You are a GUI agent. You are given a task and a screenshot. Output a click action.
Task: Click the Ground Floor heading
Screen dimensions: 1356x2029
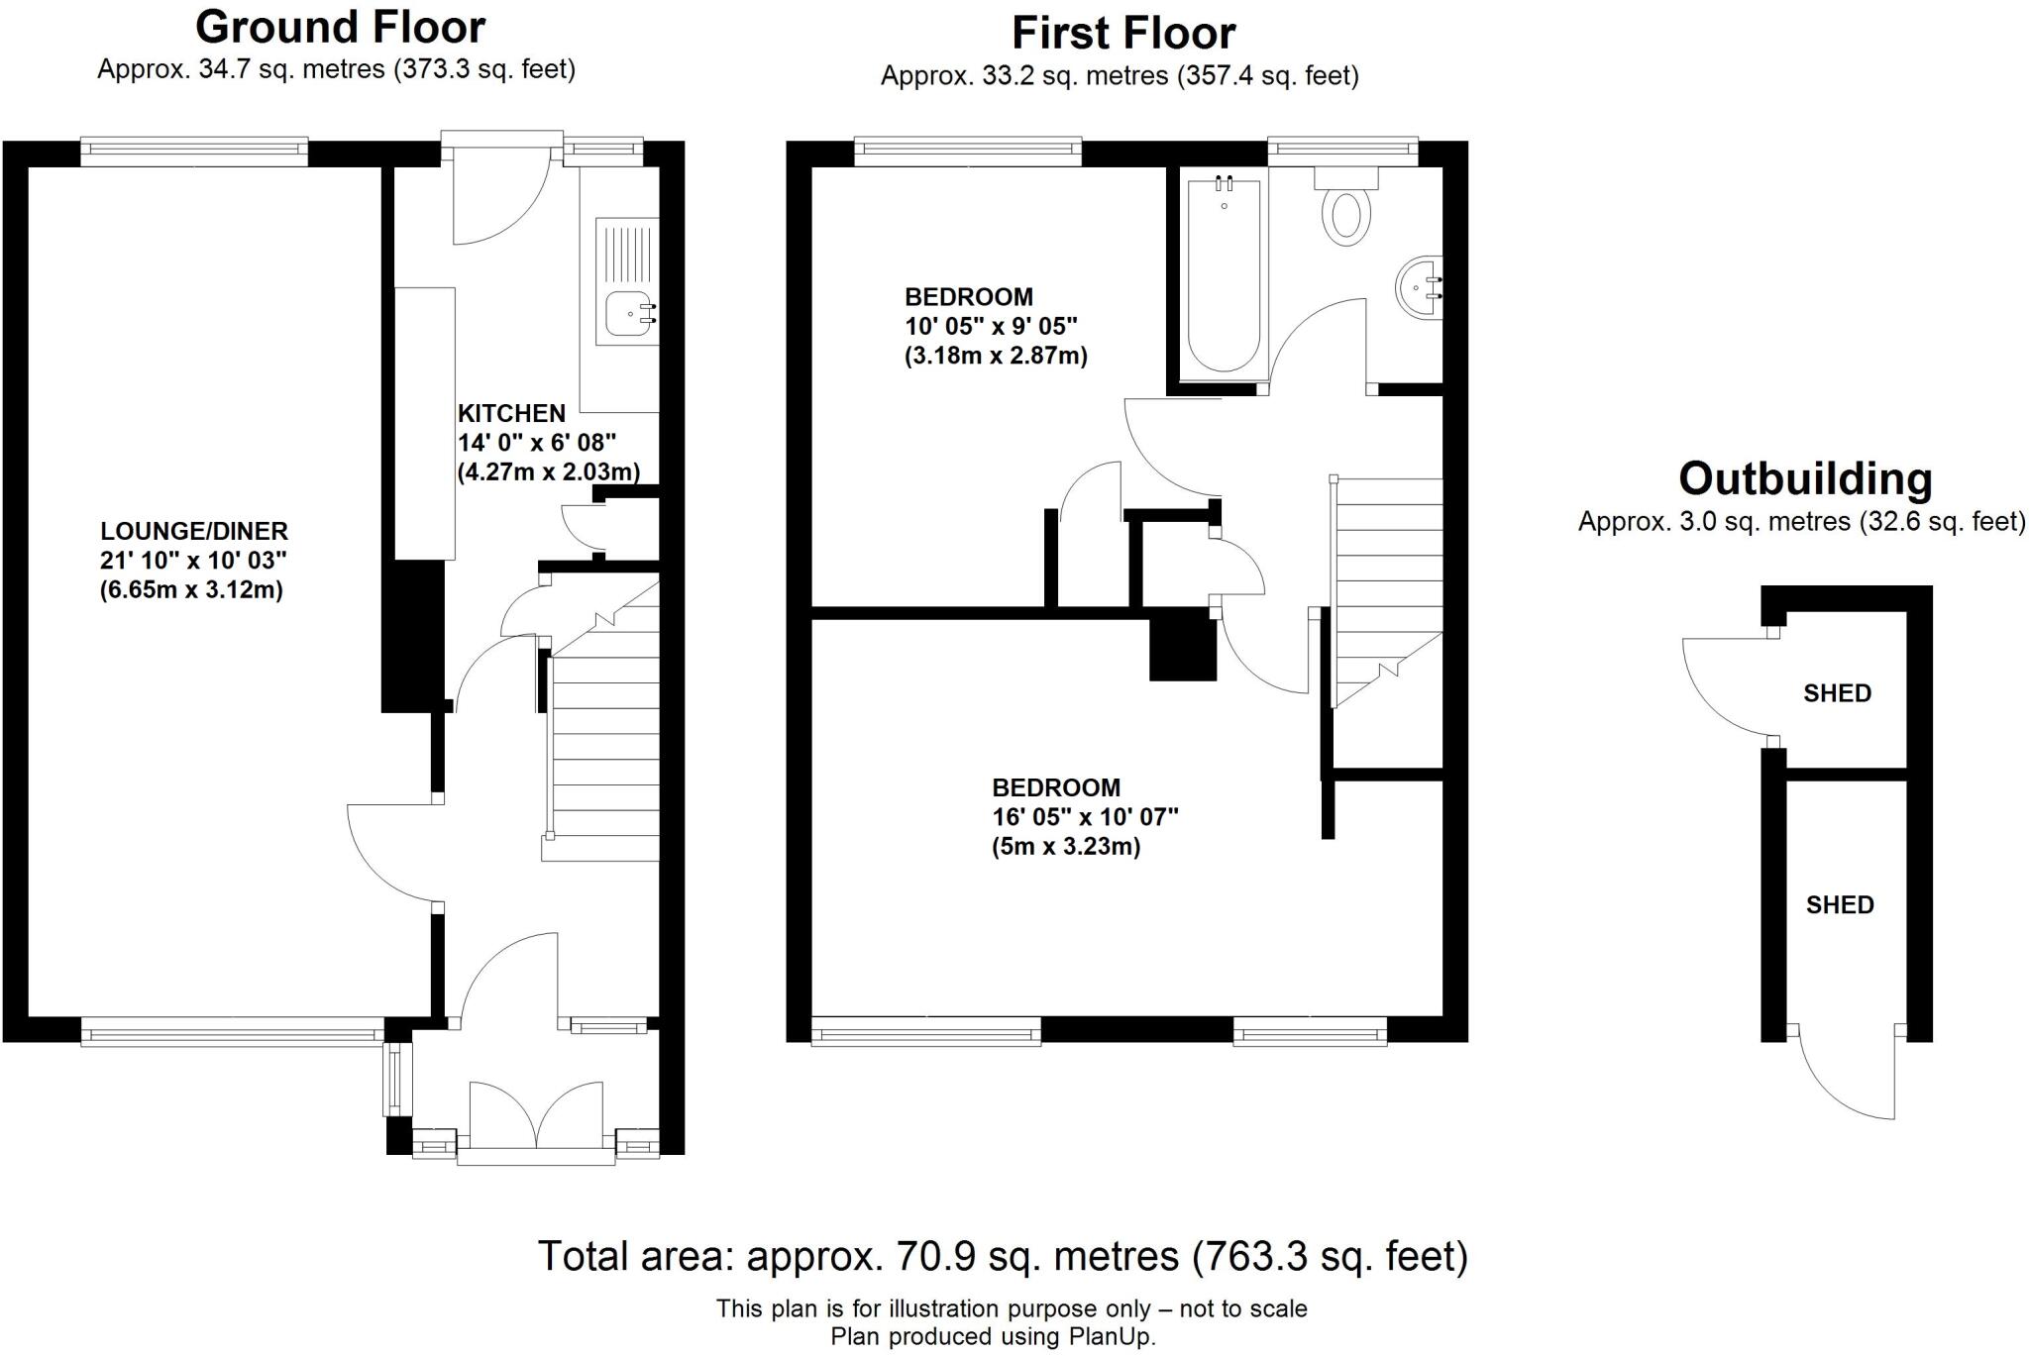[x=340, y=28]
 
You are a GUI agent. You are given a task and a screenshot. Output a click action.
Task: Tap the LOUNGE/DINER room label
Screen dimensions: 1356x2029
[x=194, y=531]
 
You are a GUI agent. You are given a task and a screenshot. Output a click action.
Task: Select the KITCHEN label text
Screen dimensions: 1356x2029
[x=511, y=413]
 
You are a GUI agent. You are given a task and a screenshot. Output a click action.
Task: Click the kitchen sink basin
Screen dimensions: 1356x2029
[x=627, y=314]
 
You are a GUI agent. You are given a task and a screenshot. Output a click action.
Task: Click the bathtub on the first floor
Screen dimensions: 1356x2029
[x=1225, y=277]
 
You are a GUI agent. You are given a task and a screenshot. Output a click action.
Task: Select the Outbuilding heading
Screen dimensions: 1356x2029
[x=1804, y=479]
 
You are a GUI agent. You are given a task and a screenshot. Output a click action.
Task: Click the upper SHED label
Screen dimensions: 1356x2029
[x=1837, y=693]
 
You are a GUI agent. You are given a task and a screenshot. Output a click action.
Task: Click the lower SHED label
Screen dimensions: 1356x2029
[x=1840, y=905]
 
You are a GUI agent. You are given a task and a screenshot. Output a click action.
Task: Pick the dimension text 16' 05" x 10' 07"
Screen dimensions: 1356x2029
[x=1085, y=817]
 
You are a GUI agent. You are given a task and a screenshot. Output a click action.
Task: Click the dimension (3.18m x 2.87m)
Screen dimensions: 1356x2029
[x=996, y=356]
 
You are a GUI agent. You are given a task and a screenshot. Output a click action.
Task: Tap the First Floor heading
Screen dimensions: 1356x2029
[x=1122, y=34]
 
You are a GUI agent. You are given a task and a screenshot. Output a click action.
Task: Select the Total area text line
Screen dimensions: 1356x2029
[x=1002, y=1256]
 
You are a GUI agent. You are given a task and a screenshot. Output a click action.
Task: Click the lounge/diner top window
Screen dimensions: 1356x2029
[x=194, y=150]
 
